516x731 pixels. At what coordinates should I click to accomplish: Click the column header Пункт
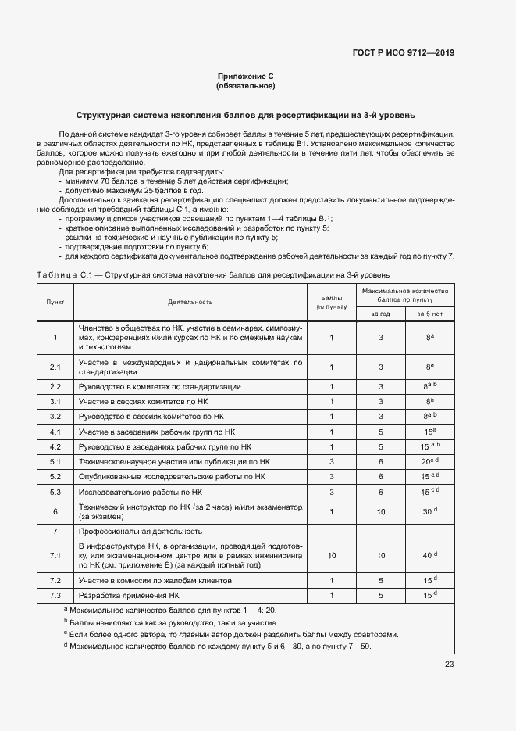(x=55, y=301)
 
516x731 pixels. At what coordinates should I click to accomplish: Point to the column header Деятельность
(x=190, y=301)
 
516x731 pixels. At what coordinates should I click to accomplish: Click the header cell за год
(x=380, y=313)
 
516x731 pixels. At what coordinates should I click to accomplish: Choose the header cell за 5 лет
(x=429, y=313)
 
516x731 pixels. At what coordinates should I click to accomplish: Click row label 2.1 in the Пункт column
(x=55, y=367)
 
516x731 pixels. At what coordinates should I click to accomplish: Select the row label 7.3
(x=55, y=596)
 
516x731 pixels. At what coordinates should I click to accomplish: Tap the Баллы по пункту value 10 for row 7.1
(x=332, y=555)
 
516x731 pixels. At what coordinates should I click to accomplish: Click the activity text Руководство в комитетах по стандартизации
(x=160, y=386)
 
